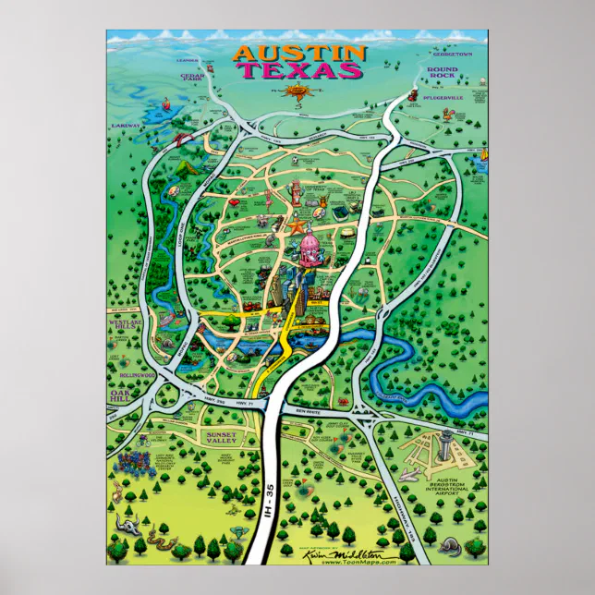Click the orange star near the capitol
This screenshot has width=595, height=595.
pyautogui.click(x=297, y=224)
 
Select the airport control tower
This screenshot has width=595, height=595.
pyautogui.click(x=447, y=441)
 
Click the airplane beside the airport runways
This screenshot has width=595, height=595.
pyautogui.click(x=409, y=474)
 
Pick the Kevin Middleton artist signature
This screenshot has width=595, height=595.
pyautogui.click(x=360, y=551)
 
